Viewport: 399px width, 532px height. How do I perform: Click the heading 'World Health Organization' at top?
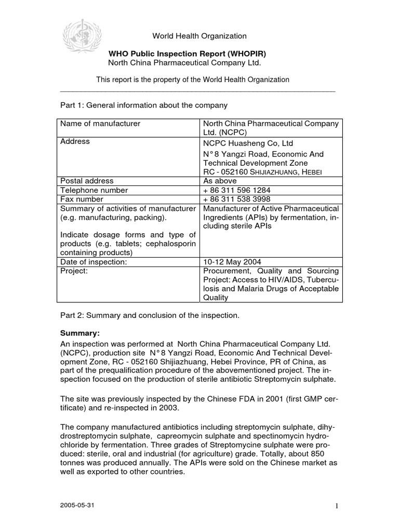199,36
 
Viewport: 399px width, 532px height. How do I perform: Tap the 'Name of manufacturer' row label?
100,124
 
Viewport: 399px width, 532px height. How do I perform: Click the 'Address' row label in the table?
75,141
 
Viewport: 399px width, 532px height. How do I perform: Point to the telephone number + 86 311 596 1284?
236,190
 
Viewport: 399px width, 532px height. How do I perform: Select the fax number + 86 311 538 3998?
236,199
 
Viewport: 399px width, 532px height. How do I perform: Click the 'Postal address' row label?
87,181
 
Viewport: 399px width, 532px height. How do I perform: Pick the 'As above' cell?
219,181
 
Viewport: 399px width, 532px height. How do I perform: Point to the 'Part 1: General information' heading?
144,105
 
